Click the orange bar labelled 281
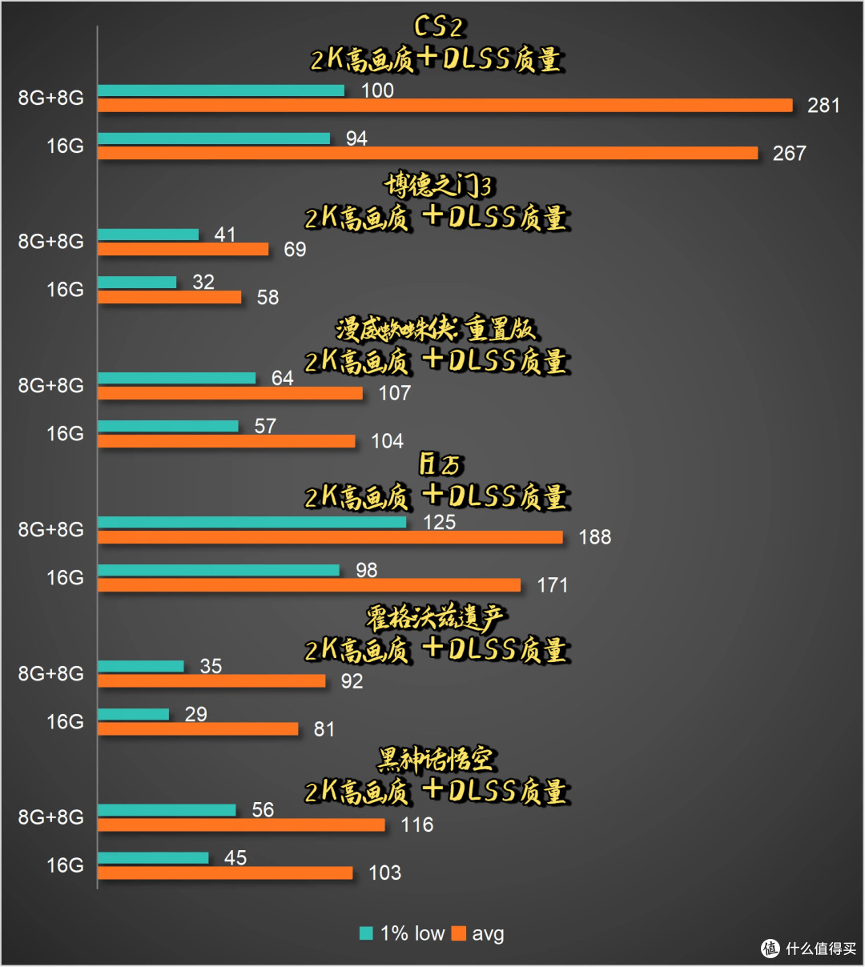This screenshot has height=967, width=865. (445, 105)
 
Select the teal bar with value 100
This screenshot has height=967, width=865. (221, 90)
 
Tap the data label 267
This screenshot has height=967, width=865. (789, 153)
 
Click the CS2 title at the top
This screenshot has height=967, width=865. (437, 26)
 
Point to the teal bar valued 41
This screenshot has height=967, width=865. (148, 235)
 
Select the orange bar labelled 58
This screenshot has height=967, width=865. (170, 297)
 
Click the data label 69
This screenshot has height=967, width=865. (295, 249)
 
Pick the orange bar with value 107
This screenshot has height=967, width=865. (230, 393)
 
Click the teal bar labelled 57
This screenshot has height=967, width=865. (168, 426)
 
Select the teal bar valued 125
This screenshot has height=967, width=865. (252, 522)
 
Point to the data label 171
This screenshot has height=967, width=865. (552, 585)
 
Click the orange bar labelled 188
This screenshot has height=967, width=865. (331, 537)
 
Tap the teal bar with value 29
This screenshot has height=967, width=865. (133, 714)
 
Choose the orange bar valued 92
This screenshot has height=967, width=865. (211, 681)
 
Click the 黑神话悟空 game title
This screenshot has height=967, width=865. (436, 760)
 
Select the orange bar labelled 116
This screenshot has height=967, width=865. (241, 825)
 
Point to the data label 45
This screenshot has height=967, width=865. (235, 857)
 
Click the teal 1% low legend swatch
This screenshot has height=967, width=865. (366, 933)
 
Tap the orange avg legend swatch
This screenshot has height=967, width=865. (459, 933)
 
